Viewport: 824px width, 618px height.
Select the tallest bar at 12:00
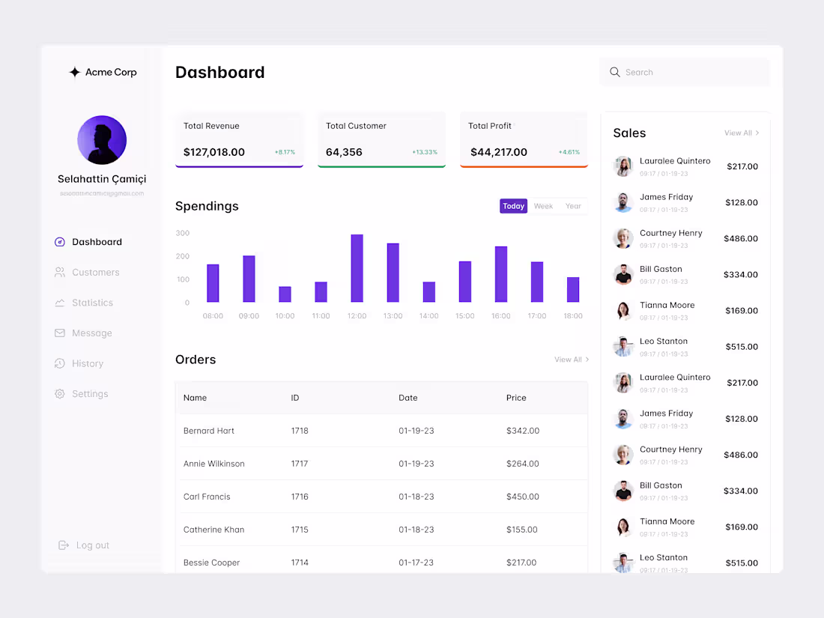357,268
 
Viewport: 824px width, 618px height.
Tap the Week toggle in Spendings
543,206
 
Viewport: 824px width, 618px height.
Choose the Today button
514,206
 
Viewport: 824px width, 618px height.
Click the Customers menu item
95,273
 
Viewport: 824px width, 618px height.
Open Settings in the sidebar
90,394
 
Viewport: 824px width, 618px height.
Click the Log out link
92,545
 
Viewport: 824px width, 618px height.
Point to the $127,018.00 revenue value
214,152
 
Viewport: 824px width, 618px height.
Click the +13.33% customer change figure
425,152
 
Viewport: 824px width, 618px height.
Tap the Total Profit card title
490,126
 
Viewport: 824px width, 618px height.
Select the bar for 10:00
285,294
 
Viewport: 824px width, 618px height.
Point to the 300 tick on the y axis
183,233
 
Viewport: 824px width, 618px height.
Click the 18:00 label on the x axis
573,316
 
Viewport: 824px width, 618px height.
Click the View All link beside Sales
741,133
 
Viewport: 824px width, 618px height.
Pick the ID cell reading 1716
300,497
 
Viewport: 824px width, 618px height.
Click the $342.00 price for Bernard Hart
523,431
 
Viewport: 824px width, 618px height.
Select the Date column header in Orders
408,398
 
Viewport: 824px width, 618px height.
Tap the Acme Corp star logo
75,73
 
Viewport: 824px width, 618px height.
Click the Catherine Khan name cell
213,530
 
